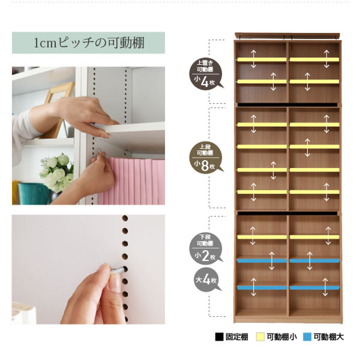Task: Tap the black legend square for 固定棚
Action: click(x=219, y=337)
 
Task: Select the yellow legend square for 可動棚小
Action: click(x=260, y=337)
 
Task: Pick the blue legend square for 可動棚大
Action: click(x=307, y=337)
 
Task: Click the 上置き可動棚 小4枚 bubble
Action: click(x=206, y=74)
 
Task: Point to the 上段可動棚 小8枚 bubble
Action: click(x=206, y=157)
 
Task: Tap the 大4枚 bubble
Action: click(x=206, y=280)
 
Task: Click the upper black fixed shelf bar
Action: click(x=287, y=105)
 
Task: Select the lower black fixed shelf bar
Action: click(x=287, y=213)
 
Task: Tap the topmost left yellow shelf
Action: click(x=262, y=60)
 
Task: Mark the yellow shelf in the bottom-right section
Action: click(x=314, y=237)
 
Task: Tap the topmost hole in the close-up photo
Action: click(x=125, y=218)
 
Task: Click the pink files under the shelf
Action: click(x=131, y=181)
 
